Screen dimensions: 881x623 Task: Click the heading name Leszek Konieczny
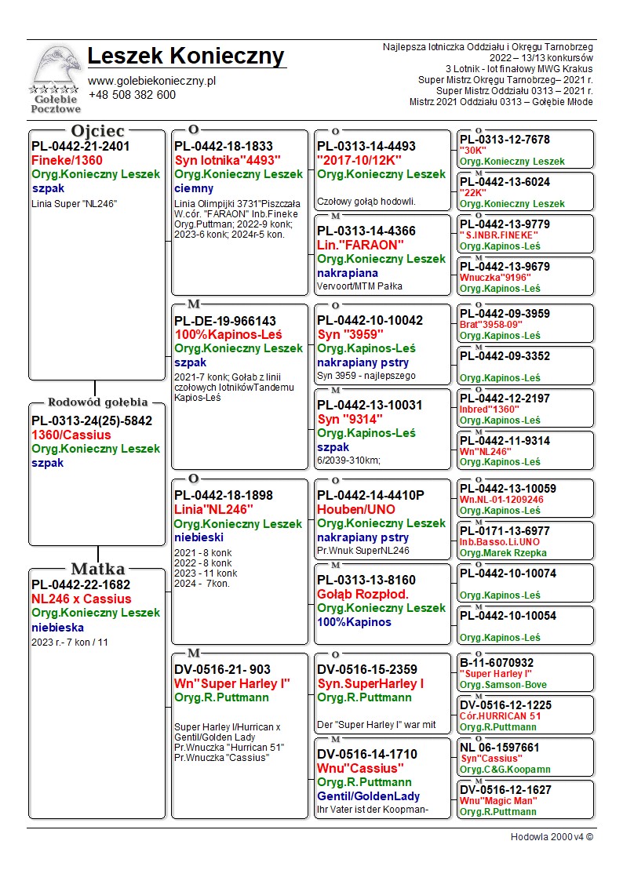186,56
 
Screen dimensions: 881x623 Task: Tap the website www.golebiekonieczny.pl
151,81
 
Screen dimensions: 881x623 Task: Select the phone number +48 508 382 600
132,95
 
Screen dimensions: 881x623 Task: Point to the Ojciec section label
97,131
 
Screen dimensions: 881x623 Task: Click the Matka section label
97,569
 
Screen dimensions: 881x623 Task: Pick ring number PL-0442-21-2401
81,146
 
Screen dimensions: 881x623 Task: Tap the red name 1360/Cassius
71,435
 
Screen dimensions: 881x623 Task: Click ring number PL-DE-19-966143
225,321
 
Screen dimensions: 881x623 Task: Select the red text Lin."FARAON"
360,245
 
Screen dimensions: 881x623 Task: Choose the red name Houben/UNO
356,509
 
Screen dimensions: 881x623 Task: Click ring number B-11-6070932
497,663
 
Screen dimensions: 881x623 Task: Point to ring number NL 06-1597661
500,748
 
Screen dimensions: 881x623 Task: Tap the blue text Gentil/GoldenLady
368,796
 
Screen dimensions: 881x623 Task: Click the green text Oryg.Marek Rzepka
505,553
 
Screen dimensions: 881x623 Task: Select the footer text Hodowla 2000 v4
552,837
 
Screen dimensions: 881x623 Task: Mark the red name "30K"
473,151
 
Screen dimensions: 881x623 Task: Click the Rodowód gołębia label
97,403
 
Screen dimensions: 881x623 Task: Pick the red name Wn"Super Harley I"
232,683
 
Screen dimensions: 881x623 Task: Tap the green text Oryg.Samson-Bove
503,685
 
